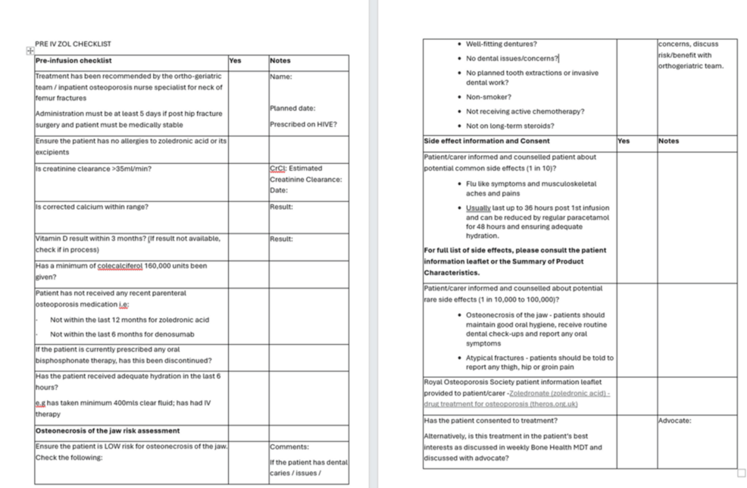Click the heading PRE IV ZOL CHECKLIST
tap(73, 44)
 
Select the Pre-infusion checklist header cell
tap(73, 61)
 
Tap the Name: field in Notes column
tap(281, 77)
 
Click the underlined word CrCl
tap(277, 168)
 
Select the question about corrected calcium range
tap(92, 207)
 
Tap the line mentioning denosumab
tap(122, 334)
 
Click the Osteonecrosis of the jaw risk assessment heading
tap(108, 430)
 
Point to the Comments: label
tap(289, 447)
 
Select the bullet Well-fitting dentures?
tap(501, 44)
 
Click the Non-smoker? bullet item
tap(488, 97)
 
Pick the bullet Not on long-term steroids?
tap(509, 126)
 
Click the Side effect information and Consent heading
tap(486, 141)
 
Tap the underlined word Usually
tap(479, 208)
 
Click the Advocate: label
tap(674, 421)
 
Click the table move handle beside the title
tap(30, 50)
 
